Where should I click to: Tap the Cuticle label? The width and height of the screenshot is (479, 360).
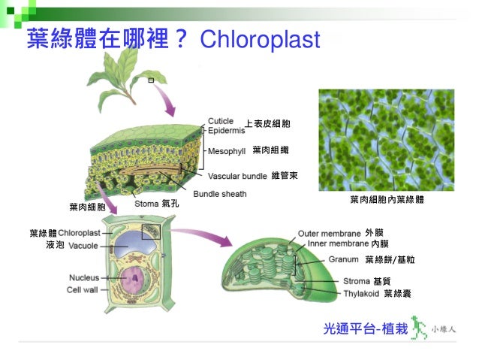point(221,120)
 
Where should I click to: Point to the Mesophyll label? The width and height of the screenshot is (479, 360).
point(227,151)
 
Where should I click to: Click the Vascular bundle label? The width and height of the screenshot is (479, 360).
point(237,176)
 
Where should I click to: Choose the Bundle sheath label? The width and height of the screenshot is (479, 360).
point(220,194)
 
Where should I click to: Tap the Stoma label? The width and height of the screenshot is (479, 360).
point(146,203)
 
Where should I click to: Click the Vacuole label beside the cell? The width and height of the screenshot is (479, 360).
point(83,246)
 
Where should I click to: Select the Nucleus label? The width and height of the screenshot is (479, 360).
point(83,277)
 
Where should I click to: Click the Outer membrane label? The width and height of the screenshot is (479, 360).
point(328,233)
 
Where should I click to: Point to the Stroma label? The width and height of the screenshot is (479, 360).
point(357,281)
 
